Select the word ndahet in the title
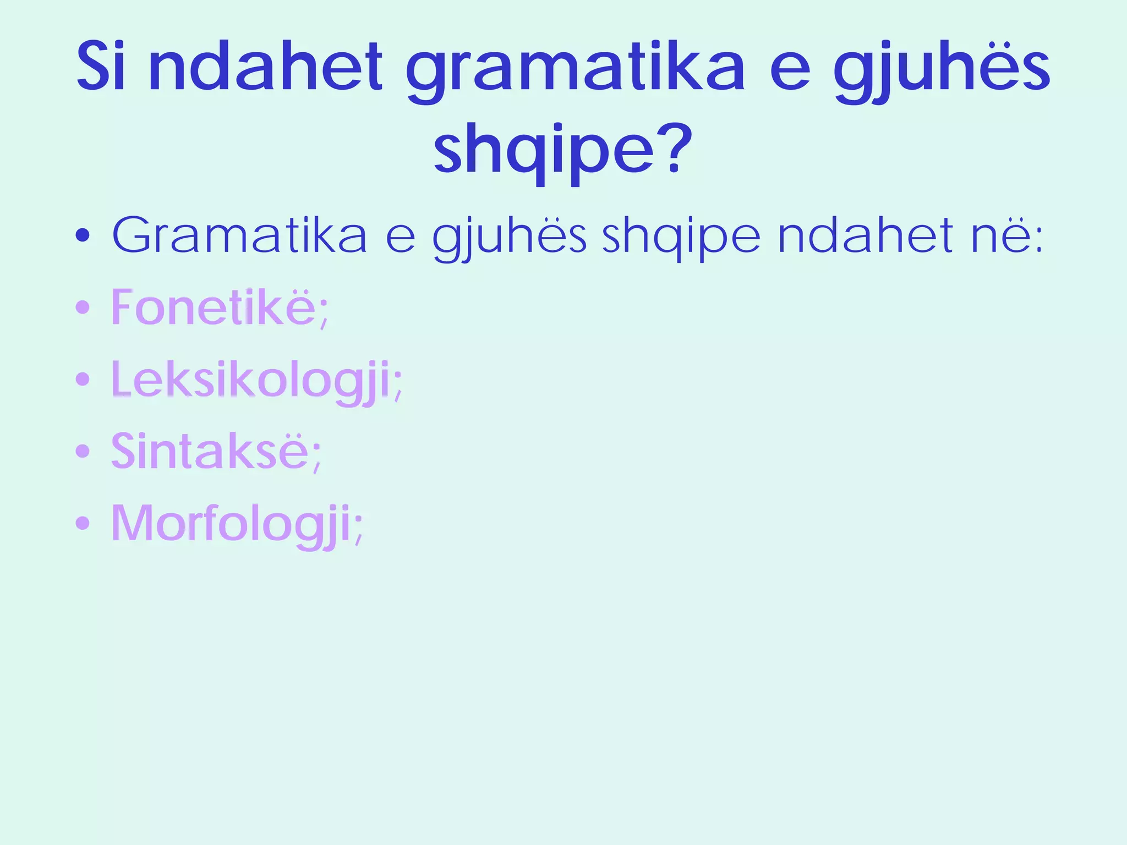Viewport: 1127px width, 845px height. point(265,67)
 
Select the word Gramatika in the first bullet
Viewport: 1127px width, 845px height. point(239,235)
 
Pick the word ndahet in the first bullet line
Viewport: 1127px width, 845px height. point(865,235)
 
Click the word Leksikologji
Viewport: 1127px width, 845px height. point(251,381)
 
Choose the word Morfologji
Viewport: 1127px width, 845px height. point(231,524)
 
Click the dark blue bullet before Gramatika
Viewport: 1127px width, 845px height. point(83,236)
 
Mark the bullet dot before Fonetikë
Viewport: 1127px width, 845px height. point(83,308)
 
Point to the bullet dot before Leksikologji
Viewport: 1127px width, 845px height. point(83,379)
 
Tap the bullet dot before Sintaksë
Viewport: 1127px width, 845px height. point(83,451)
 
